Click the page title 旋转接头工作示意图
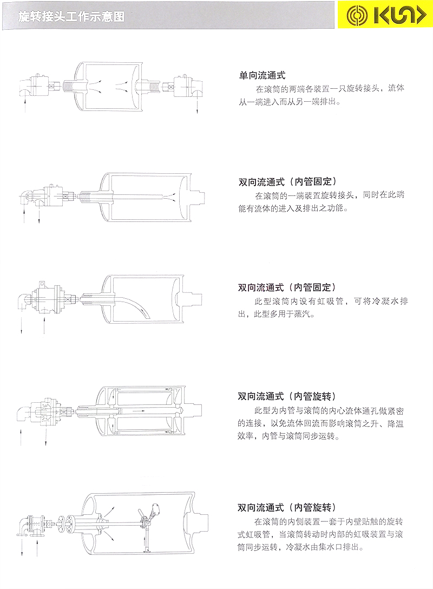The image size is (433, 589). (x=71, y=17)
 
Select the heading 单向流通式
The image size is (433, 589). (x=262, y=76)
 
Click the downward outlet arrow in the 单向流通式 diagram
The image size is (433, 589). (x=198, y=106)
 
